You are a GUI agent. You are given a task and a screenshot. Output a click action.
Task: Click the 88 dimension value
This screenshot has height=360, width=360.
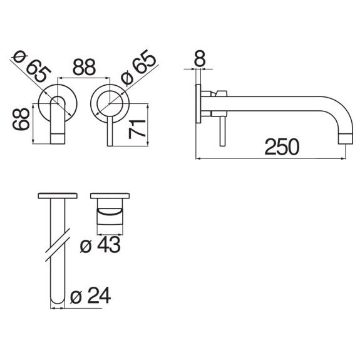(84, 67)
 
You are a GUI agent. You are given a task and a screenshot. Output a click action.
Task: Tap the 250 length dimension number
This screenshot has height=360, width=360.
(282, 147)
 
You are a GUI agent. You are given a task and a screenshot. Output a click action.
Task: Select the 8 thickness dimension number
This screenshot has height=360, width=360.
(200, 58)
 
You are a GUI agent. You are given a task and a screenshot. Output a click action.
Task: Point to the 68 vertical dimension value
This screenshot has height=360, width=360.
(21, 119)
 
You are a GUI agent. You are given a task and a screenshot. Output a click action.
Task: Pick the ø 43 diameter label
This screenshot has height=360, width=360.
(100, 245)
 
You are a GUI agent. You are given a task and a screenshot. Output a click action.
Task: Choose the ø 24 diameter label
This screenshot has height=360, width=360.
(90, 296)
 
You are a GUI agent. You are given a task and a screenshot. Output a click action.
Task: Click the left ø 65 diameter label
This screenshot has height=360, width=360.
(32, 66)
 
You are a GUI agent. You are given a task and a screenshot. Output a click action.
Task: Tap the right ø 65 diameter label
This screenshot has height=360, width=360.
(138, 66)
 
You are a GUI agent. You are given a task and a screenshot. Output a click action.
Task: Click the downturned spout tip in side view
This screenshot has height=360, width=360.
(346, 139)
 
